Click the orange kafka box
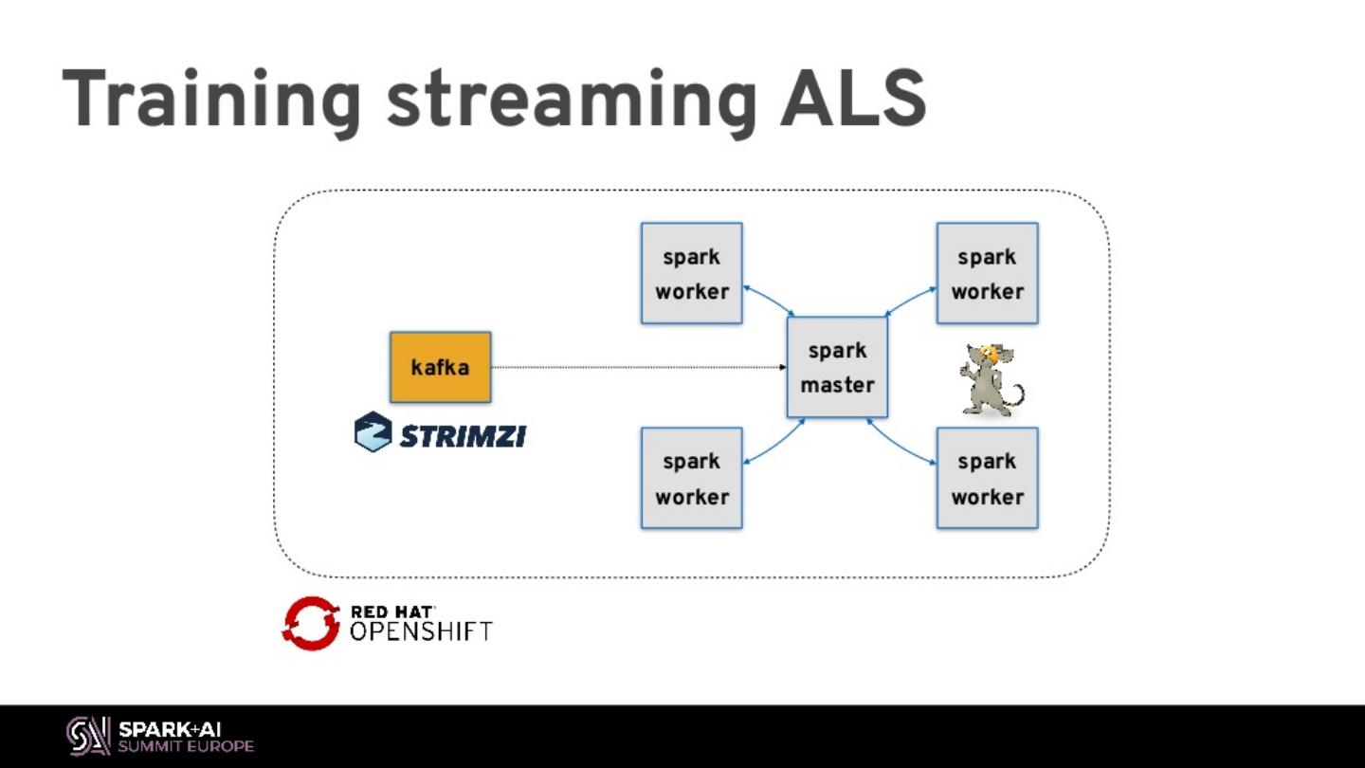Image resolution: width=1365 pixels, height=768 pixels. pos(441,367)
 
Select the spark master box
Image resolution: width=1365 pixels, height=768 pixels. pos(837,367)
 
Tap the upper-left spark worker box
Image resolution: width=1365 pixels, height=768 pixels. pos(692,273)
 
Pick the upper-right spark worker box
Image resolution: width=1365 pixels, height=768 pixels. pos(987,273)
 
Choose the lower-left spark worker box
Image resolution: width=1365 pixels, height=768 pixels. pos(692,478)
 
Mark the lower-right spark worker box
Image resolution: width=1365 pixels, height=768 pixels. pos(987,478)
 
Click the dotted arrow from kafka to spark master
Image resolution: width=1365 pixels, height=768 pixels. pos(639,367)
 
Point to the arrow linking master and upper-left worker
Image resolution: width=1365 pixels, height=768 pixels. pos(769,300)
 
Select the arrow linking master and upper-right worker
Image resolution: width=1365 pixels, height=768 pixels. pos(910,301)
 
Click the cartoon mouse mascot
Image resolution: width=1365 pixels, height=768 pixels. pos(991,380)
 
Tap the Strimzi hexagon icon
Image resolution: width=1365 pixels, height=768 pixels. pos(373,431)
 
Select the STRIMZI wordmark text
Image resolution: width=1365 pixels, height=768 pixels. pos(463,436)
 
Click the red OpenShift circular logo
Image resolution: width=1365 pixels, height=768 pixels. pos(311,624)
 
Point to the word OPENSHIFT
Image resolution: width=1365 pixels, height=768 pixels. pos(421,631)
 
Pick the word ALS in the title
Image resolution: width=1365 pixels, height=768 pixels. pos(853,99)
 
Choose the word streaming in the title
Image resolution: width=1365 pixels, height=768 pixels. pos(571,102)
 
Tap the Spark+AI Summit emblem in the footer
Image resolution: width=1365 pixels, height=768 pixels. pos(88,736)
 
